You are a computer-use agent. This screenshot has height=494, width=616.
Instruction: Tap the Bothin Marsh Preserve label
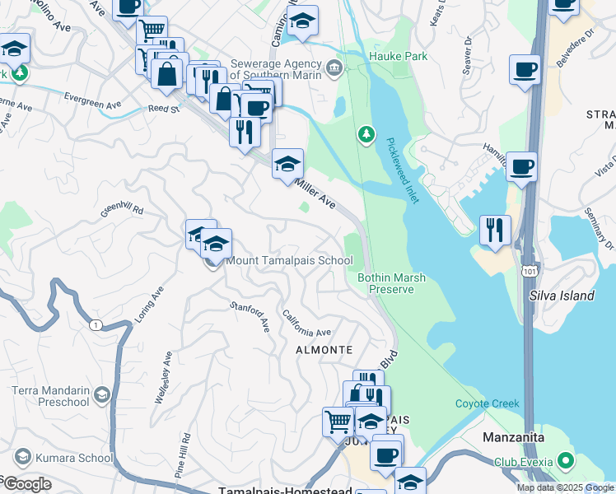tap(391, 283)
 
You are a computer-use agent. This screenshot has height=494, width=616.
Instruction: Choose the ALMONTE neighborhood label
tap(325, 350)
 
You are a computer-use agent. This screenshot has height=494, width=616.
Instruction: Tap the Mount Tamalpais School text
tap(289, 261)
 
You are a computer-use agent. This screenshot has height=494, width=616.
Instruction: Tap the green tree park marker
tap(366, 133)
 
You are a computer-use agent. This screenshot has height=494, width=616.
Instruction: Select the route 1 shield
tap(97, 325)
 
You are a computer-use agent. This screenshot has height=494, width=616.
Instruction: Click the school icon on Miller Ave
tap(287, 162)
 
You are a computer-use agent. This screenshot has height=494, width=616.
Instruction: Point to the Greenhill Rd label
tap(123, 211)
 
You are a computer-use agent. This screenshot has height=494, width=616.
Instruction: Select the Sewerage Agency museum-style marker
tap(334, 67)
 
